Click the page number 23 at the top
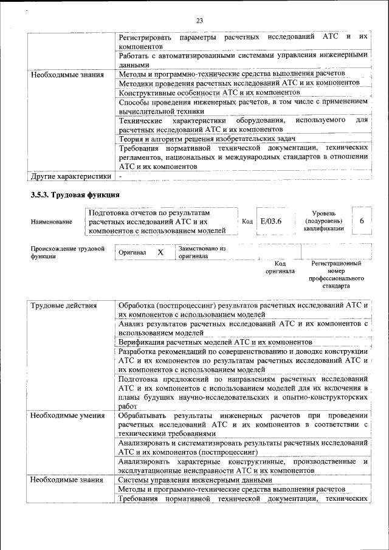pos(199,21)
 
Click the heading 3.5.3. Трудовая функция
pos(75,195)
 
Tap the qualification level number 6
pos(362,221)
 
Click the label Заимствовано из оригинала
pos(202,252)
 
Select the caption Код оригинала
pos(280,267)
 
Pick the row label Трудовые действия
pos(64,305)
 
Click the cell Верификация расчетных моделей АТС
pos(207,342)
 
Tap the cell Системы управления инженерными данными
pos(194,480)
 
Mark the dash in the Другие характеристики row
pos(120,176)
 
